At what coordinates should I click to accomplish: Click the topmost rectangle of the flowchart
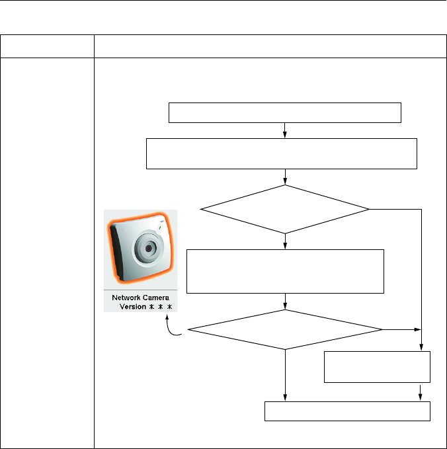pos(285,112)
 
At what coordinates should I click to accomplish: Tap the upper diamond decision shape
pos(285,209)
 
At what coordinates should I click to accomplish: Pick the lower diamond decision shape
pos(285,329)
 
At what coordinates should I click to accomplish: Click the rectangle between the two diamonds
pos(285,271)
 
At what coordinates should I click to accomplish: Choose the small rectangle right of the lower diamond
pos(377,366)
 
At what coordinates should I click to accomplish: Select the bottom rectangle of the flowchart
pos(347,411)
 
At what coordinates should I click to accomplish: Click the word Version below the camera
pos(133,307)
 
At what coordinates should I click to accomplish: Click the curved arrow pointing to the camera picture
pos(176,327)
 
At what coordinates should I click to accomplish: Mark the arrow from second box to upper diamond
pos(285,177)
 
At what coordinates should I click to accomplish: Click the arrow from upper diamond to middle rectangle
pos(285,241)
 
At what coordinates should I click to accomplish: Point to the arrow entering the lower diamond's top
pos(285,302)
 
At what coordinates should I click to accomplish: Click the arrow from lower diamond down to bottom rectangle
pos(285,376)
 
